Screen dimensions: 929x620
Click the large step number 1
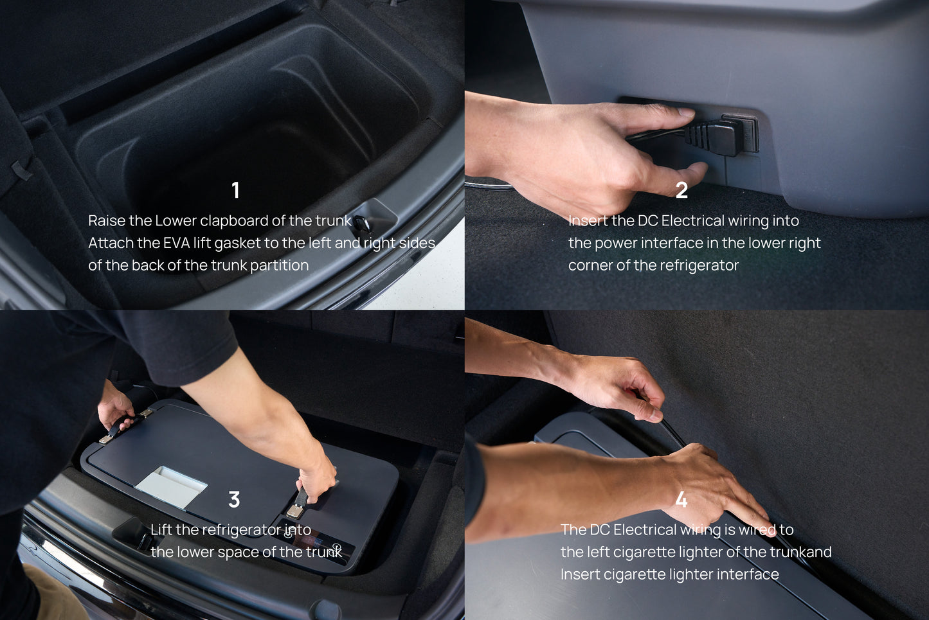coord(235,190)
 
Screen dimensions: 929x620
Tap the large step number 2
coord(682,190)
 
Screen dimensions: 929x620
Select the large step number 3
coord(234,499)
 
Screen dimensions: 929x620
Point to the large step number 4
coord(681,499)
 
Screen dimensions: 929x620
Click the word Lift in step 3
coord(160,529)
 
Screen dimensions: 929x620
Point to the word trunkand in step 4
coord(801,552)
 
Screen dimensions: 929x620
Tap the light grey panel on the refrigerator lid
coord(171,486)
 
